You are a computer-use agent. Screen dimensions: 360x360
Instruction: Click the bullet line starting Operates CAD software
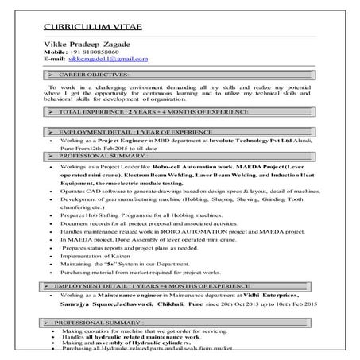(x=184, y=193)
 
